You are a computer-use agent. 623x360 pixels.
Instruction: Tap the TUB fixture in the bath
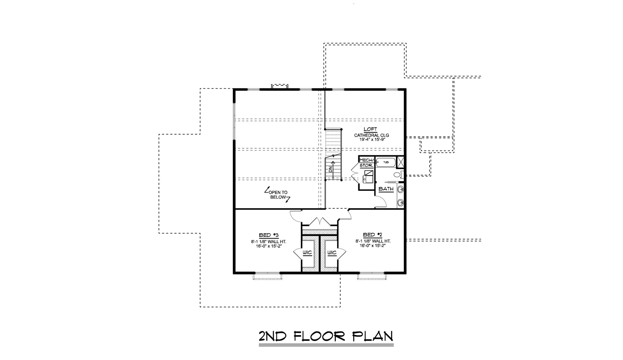pyautogui.click(x=386, y=162)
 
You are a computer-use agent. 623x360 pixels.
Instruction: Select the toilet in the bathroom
pyautogui.click(x=398, y=175)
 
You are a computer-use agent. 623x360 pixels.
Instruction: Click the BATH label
pyautogui.click(x=386, y=189)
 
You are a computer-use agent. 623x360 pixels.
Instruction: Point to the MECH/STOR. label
pyautogui.click(x=366, y=163)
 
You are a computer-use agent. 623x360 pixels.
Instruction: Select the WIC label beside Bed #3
pyautogui.click(x=307, y=253)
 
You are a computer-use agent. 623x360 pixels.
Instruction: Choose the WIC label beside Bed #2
pyautogui.click(x=332, y=253)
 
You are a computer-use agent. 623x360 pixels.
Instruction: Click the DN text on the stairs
pyautogui.click(x=330, y=170)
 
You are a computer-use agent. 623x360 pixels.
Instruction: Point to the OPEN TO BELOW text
pyautogui.click(x=278, y=195)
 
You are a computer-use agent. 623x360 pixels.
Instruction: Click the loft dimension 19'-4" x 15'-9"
pyautogui.click(x=372, y=140)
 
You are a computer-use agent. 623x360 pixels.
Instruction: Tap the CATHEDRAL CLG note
pyautogui.click(x=372, y=135)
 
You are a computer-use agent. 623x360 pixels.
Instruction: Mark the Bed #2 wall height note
pyautogui.click(x=373, y=241)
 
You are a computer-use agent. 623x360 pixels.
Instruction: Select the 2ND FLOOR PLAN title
pyautogui.click(x=326, y=336)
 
